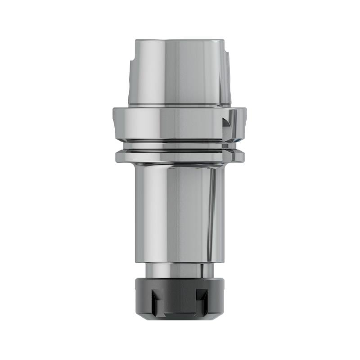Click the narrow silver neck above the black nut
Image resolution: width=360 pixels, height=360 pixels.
[180, 270]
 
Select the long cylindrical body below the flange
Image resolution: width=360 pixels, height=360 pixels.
[180, 211]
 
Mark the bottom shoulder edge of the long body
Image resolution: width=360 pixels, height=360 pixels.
[180, 262]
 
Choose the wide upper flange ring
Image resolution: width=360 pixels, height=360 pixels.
[180, 124]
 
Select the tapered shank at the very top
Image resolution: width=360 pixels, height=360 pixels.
[180, 74]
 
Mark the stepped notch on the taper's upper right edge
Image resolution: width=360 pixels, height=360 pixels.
[228, 58]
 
